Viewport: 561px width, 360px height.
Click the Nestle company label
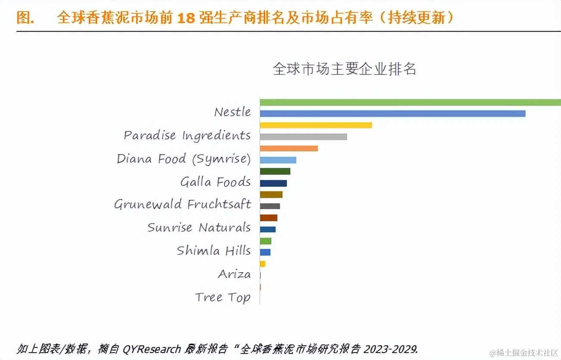[x=232, y=112]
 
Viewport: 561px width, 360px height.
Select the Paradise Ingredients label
[x=187, y=135]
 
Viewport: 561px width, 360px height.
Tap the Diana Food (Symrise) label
[x=184, y=159]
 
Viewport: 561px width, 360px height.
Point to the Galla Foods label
[x=215, y=182]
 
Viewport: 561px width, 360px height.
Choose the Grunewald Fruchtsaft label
[x=182, y=204]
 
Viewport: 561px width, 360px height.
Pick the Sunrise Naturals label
[x=199, y=227]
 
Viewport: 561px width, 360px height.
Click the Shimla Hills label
[x=214, y=251]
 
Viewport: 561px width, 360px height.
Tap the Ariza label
[x=234, y=274]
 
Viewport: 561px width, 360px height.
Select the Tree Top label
[x=222, y=297]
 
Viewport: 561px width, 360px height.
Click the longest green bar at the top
[x=409, y=102]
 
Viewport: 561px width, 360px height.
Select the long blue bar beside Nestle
[x=392, y=114]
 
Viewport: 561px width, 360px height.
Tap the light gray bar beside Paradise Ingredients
[x=303, y=137]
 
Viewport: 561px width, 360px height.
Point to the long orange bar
[x=289, y=149]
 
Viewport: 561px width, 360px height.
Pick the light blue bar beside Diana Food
[x=278, y=160]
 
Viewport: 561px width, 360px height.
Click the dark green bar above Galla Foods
[x=275, y=171]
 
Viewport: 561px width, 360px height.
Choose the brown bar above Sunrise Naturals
[x=268, y=218]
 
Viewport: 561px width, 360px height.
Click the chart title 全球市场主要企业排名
[x=344, y=69]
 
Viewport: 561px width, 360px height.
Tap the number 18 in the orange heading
[x=186, y=18]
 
